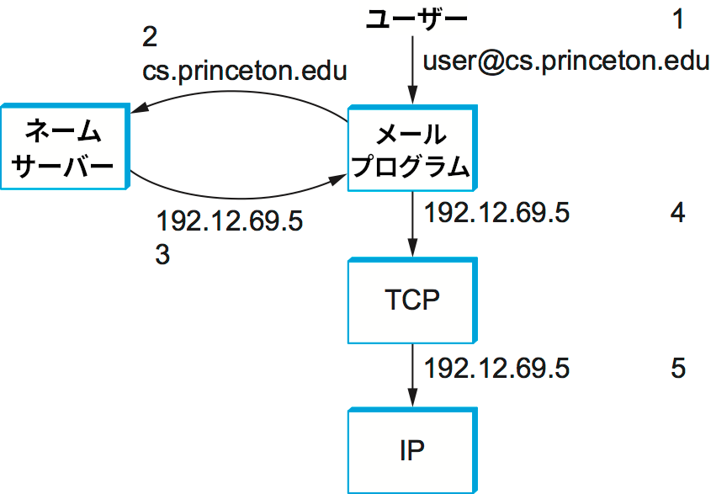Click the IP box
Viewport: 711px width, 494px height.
411,450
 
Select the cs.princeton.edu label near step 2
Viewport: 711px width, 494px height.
245,70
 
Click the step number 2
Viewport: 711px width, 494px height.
150,37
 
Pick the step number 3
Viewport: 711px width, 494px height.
162,255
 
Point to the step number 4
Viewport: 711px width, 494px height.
678,213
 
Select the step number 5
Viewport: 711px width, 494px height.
678,369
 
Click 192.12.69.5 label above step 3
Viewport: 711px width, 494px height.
229,222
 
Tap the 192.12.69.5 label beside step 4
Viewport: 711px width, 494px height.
497,213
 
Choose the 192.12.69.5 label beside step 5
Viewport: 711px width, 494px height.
497,369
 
